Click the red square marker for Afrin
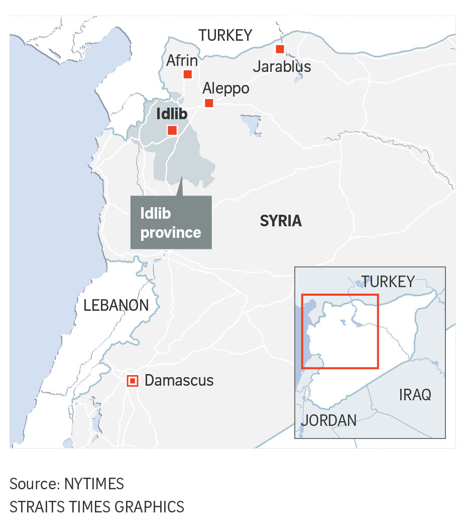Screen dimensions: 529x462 point(187,74)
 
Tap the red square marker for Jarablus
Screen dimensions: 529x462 point(280,49)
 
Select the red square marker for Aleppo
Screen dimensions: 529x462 point(209,103)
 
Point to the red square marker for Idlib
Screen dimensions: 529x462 point(172,130)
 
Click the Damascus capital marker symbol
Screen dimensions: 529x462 point(132,381)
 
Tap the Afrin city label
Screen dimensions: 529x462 point(182,61)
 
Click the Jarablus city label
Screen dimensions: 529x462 point(282,66)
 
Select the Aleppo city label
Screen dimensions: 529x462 point(225,89)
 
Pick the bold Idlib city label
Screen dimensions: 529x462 point(172,114)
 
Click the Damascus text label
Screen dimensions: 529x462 point(179,381)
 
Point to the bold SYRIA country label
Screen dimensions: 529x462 point(281,221)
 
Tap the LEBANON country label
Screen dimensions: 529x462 point(116,305)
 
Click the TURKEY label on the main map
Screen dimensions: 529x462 point(225,35)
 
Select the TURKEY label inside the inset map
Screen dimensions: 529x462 point(388,282)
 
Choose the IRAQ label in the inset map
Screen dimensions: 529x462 point(415,395)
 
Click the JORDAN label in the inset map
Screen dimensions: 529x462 point(329,420)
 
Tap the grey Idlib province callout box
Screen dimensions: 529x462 point(171,223)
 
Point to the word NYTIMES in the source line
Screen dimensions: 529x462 point(94,484)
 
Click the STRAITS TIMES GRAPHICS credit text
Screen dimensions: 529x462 point(97,506)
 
